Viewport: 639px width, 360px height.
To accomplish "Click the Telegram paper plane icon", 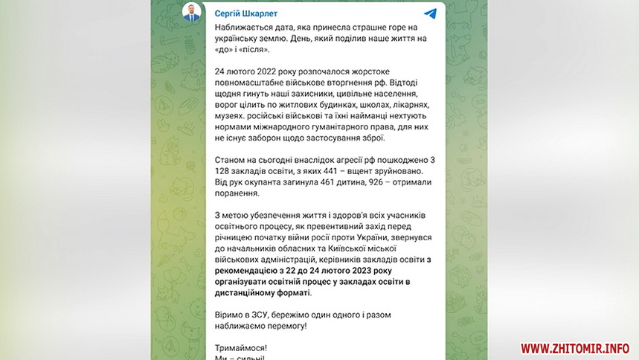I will tap(430, 13).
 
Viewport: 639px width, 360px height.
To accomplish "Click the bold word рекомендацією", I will tap(250, 271).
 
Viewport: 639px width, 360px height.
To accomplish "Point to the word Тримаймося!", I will tap(240, 348).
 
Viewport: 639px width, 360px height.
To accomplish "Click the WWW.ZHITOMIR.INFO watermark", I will tap(574, 347).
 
